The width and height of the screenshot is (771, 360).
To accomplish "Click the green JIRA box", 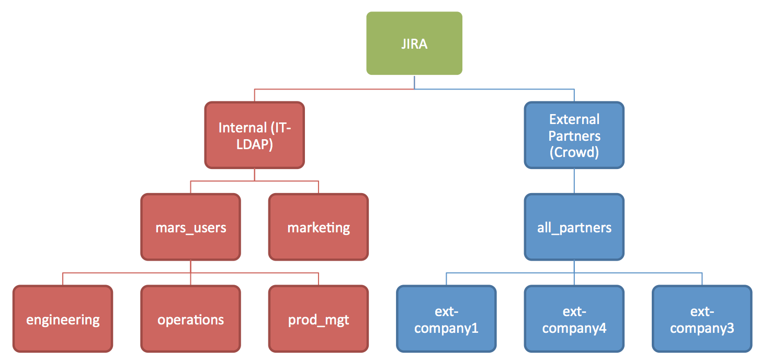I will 414,43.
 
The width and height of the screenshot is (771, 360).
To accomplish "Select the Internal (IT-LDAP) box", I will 255,135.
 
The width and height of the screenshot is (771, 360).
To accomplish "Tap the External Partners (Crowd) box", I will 574,135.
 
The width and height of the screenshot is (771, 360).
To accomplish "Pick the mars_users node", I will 190,227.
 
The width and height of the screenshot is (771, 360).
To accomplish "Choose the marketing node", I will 319,227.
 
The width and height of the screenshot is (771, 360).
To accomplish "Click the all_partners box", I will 574,227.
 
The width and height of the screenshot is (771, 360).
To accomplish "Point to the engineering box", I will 63,319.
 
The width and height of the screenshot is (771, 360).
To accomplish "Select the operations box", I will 190,319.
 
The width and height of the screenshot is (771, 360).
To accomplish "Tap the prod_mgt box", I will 319,319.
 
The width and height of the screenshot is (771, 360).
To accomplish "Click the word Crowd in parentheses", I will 574,152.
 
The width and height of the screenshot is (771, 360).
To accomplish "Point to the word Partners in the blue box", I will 574,136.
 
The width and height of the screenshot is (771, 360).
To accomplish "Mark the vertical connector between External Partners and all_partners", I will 574,181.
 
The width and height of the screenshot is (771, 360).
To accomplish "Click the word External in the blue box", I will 574,119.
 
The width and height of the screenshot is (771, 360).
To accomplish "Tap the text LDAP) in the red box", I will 255,144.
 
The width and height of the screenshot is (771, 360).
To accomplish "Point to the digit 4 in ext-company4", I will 603,328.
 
